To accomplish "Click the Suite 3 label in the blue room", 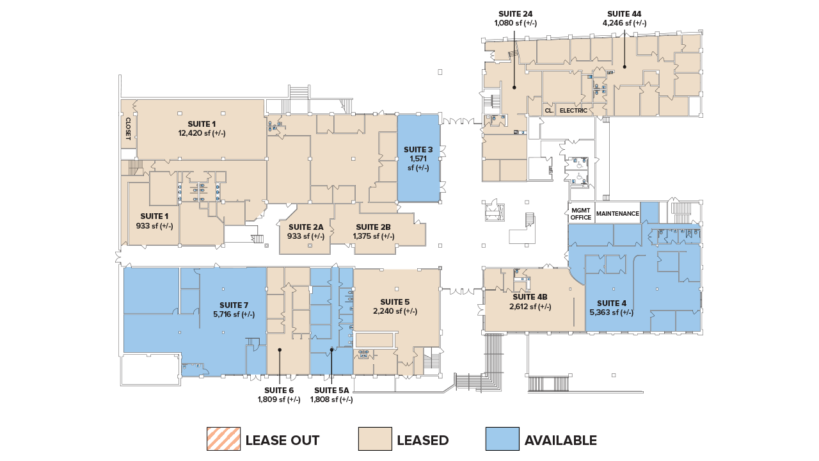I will click(x=418, y=150).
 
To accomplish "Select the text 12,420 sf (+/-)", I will click(x=202, y=133).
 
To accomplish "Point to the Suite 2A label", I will click(x=306, y=227).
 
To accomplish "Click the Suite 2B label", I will click(x=373, y=227).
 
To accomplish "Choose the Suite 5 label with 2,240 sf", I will click(x=395, y=302).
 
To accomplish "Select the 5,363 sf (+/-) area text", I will click(x=611, y=312).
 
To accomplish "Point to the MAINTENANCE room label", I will click(x=617, y=214).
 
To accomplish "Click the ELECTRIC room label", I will click(x=573, y=111).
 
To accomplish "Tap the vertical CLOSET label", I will click(x=128, y=127).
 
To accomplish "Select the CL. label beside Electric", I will click(x=548, y=111).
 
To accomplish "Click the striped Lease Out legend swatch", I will click(x=223, y=440).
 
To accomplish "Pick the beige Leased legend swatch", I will click(x=374, y=440).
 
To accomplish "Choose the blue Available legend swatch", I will click(x=502, y=440).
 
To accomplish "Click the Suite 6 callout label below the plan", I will click(x=278, y=391).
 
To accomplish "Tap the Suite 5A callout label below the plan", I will click(x=331, y=391).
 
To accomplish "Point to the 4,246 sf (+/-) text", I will click(x=624, y=23).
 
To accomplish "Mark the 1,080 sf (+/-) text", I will click(x=515, y=23).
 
